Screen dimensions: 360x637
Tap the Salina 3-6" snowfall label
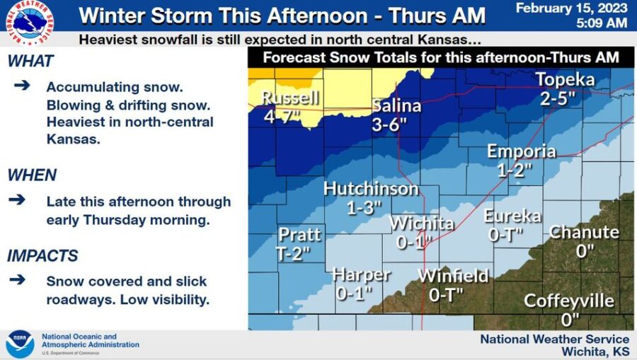pyautogui.click(x=397, y=106)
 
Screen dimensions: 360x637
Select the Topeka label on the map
pyautogui.click(x=565, y=80)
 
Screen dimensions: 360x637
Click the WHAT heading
pyautogui.click(x=30, y=62)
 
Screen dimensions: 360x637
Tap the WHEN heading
pyautogui.click(x=31, y=175)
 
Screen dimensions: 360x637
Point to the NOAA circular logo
pyautogui.click(x=20, y=344)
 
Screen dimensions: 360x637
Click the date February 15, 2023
pyautogui.click(x=571, y=8)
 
